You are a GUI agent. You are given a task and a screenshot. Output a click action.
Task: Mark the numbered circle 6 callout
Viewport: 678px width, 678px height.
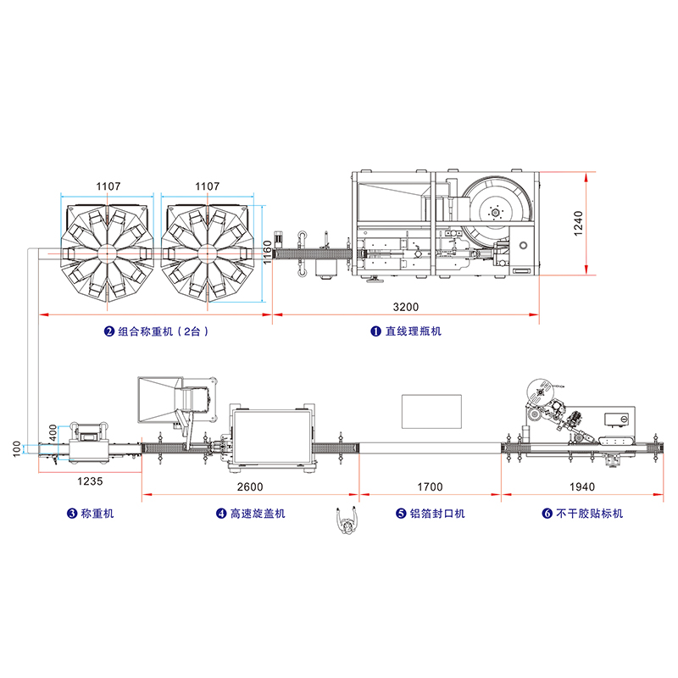tap(547, 514)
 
